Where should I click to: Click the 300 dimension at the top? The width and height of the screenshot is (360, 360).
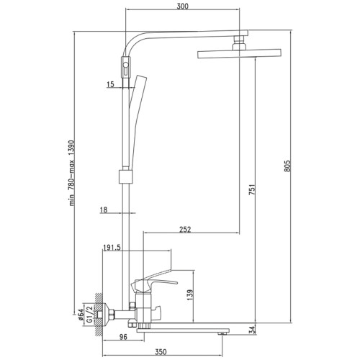183,6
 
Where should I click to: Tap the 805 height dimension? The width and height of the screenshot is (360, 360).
287,166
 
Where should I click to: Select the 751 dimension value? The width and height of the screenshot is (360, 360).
252,189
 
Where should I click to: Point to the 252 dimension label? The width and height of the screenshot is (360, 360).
185,230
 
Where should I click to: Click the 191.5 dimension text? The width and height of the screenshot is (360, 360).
112,248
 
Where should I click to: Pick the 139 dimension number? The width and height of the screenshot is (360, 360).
190,295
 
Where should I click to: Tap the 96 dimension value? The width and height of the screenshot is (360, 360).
123,337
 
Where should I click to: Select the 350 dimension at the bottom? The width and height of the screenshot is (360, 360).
161,352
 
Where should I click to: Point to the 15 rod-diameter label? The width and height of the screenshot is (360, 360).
110,84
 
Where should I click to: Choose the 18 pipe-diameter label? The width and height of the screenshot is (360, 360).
104,210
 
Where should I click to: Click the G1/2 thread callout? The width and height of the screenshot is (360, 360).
89,313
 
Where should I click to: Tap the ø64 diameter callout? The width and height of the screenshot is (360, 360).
81,315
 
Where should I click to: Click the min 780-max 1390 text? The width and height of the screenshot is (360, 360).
72,173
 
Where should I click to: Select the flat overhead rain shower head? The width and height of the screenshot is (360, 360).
239,53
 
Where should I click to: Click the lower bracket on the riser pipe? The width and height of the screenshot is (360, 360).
125,177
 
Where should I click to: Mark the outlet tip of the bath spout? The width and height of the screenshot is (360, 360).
222,333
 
